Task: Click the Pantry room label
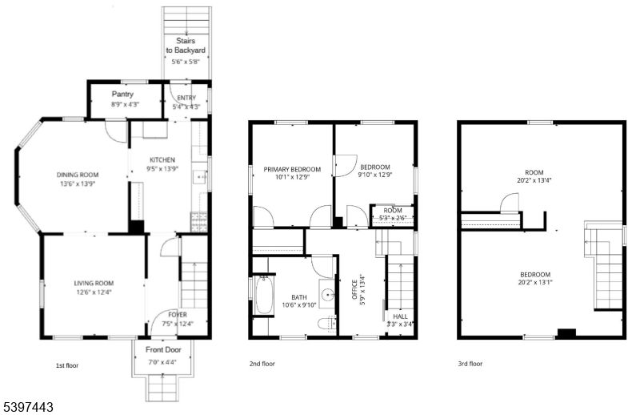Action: coord(122,95)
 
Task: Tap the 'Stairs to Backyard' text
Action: coord(186,45)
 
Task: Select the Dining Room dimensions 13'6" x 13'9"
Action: coord(77,183)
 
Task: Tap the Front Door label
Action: coord(163,350)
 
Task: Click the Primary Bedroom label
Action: coord(292,169)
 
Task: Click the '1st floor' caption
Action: coord(66,365)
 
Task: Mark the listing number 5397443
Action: coord(27,407)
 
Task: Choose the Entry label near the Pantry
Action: coord(186,98)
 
